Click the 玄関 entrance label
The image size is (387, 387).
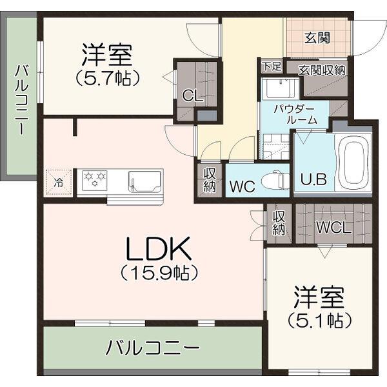coord(317,37)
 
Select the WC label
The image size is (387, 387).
coord(243,187)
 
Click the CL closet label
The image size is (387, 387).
coord(190,96)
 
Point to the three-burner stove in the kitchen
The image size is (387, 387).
coord(94,178)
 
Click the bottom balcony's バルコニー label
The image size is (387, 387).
coord(152,349)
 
